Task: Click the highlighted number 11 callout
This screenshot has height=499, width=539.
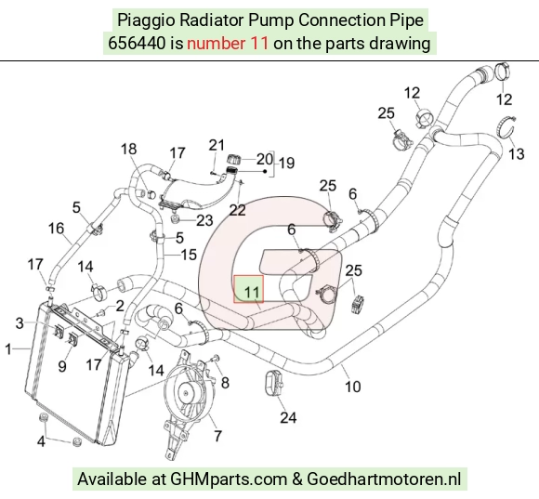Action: [251, 292]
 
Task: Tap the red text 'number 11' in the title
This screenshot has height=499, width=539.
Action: [228, 44]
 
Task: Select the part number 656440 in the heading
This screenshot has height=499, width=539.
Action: [137, 44]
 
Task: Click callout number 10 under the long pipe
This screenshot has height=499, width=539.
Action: [353, 387]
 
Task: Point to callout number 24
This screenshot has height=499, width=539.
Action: [288, 417]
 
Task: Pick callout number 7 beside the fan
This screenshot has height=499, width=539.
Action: [218, 436]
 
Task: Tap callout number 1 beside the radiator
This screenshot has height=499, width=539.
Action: [8, 349]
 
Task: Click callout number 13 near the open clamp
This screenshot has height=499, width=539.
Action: [517, 154]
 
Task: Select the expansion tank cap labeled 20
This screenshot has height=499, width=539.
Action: [234, 160]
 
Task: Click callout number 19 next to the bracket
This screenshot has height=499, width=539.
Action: [286, 163]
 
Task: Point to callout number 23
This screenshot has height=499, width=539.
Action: [204, 220]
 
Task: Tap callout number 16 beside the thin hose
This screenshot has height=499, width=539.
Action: [56, 229]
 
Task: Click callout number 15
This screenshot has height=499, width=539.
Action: [189, 255]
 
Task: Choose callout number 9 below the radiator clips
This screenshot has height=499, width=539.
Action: [62, 366]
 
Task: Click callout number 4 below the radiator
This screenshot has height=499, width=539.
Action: [41, 441]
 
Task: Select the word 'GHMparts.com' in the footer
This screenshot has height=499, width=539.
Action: [229, 479]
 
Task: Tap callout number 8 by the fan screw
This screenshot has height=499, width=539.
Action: [225, 383]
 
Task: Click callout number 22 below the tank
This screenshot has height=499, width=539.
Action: [237, 210]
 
